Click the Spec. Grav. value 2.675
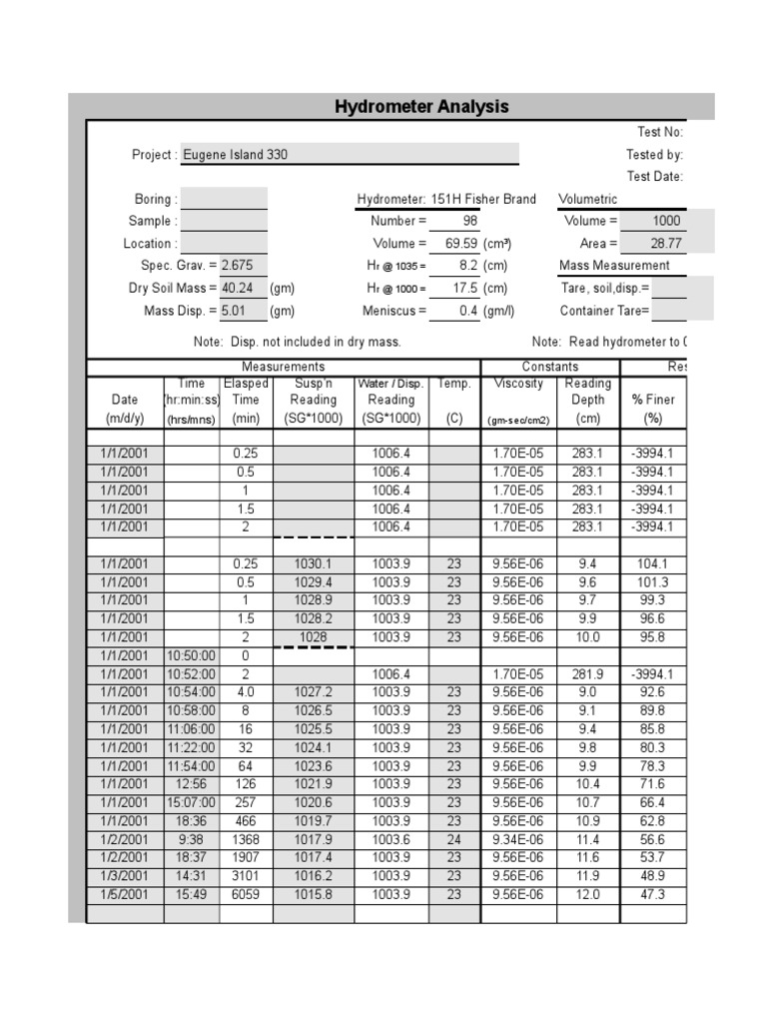[x=238, y=266]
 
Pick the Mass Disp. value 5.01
[x=235, y=311]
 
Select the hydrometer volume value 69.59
[x=460, y=244]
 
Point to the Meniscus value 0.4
[x=468, y=311]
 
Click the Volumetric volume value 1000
[x=665, y=222]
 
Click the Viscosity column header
[x=518, y=384]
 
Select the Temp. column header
[x=453, y=384]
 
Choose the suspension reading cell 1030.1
[x=313, y=563]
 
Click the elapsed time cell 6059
[x=246, y=895]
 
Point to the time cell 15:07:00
[x=191, y=803]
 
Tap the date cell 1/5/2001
[x=125, y=895]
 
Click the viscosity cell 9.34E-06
[x=518, y=840]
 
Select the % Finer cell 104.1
[x=652, y=563]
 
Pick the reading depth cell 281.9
[x=587, y=674]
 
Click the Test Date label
[x=654, y=177]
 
